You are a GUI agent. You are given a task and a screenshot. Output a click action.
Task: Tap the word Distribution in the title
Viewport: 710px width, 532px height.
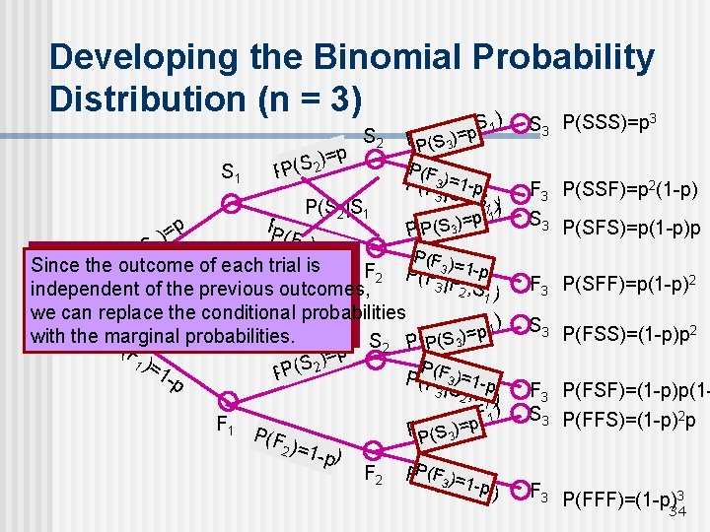[x=158, y=100]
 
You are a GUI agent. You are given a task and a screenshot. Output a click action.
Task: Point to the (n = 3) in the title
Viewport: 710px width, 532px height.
[x=320, y=100]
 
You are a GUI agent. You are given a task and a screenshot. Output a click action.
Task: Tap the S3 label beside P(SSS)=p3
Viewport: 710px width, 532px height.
[x=539, y=125]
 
